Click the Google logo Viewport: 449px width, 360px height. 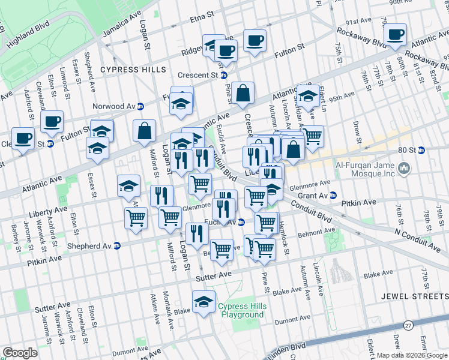point(19,353)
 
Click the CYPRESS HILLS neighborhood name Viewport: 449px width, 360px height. point(142,70)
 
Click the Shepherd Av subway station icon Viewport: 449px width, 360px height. point(117,245)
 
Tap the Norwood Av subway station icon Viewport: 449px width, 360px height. point(140,106)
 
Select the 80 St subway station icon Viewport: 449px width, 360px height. point(421,150)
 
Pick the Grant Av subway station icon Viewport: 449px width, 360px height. point(334,195)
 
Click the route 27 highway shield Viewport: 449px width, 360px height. point(408,325)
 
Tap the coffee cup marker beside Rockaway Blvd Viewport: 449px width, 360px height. point(395,35)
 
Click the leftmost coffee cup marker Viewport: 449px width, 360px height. point(23,138)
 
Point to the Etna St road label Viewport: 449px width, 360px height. point(202,13)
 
